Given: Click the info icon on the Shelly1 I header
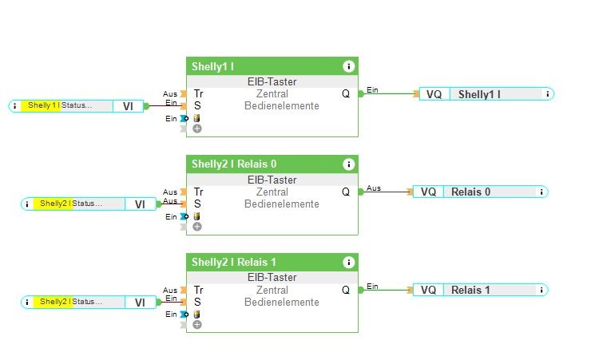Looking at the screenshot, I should tap(348, 66).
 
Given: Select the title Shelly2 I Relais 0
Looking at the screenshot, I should tap(234, 164).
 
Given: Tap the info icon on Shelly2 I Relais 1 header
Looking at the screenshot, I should tap(348, 263).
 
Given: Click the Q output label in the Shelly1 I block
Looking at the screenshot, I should tap(346, 93).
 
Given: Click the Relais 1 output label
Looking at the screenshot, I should tap(471, 290).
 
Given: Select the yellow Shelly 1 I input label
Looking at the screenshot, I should tap(43, 105).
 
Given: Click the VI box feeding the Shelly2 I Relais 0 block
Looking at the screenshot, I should tap(140, 204).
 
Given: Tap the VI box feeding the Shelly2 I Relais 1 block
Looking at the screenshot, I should tap(140, 303).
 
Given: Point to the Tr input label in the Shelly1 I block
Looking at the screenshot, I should tap(198, 93).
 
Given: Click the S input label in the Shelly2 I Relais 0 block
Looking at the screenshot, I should tap(197, 204).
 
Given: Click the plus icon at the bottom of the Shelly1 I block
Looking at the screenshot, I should tap(197, 128).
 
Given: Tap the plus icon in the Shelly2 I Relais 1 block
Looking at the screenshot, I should tap(197, 324).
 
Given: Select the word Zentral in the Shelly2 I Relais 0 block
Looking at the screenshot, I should tap(272, 192).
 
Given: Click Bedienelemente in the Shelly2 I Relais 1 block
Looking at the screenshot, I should tap(281, 303).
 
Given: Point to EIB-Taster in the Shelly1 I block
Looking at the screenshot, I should tap(272, 81).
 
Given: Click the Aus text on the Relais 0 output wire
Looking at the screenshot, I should tap(374, 188).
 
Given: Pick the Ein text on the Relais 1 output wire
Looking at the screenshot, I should tap(372, 286).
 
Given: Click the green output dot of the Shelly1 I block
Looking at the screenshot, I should tap(361, 93).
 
